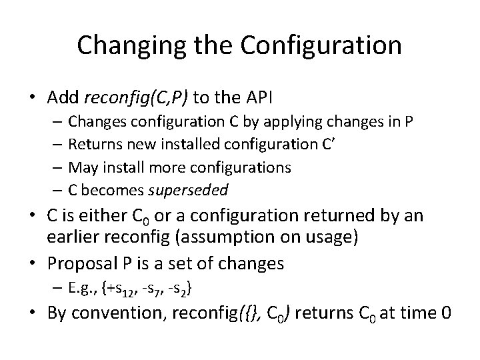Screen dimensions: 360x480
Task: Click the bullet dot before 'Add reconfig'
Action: [x=32, y=99]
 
